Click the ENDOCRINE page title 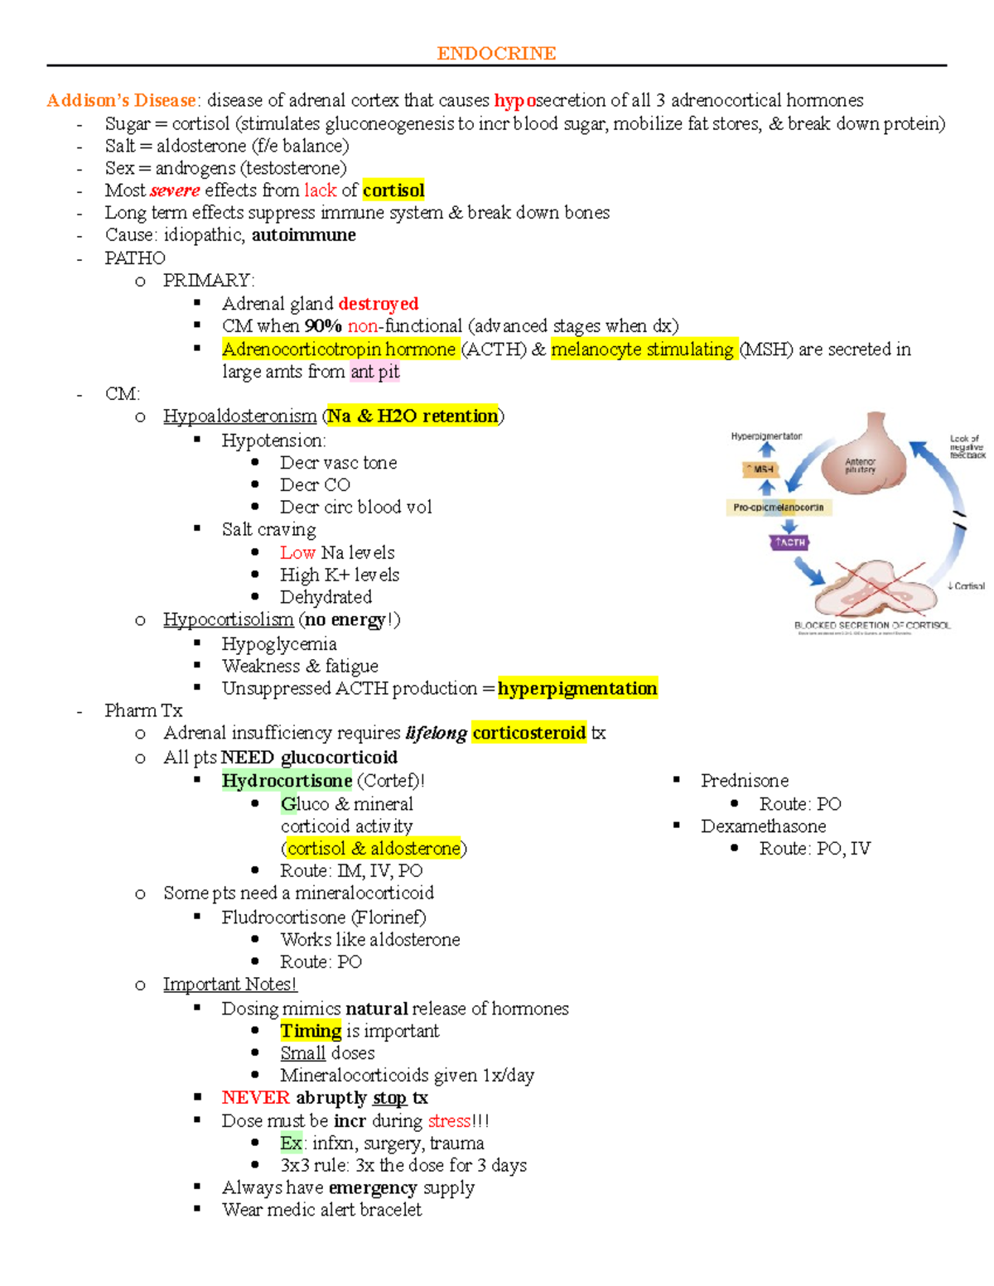(x=496, y=54)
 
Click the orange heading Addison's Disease (x=121, y=101)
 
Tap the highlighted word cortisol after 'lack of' (x=393, y=190)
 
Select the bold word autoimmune (x=303, y=235)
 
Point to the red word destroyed (x=379, y=304)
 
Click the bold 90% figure (x=323, y=326)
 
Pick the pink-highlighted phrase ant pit (x=374, y=372)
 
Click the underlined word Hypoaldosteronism (x=239, y=416)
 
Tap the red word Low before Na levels (x=297, y=552)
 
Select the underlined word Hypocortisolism (x=228, y=619)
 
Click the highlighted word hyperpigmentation (x=577, y=688)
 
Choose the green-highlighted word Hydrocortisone (x=287, y=781)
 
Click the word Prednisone (x=744, y=781)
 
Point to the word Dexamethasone (x=763, y=826)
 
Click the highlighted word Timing (x=311, y=1031)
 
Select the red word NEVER (x=255, y=1098)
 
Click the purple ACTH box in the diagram (x=789, y=542)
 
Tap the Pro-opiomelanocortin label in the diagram (x=778, y=507)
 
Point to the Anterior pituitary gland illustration (x=861, y=455)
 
